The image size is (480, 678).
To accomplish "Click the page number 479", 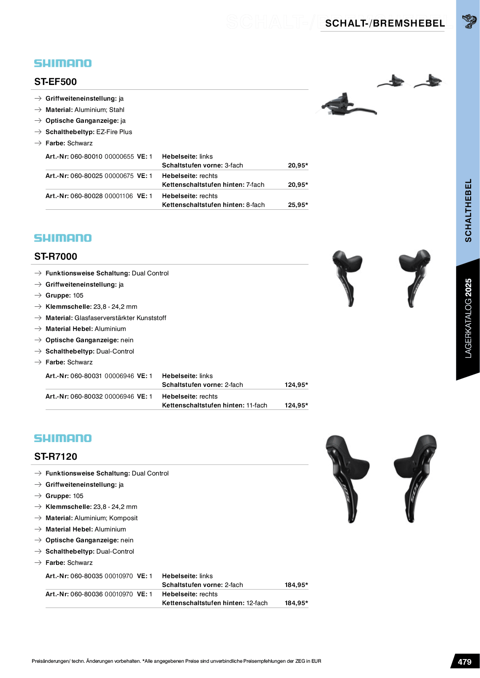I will click(464, 662).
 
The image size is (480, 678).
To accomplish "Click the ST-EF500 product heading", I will click(56, 82).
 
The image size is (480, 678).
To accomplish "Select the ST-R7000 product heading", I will click(56, 256).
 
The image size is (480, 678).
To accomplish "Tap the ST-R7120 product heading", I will click(56, 457).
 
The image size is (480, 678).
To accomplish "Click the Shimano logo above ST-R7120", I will click(63, 438).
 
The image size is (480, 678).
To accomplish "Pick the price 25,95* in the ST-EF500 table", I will click(298, 205).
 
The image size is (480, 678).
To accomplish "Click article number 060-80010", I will click(86, 157).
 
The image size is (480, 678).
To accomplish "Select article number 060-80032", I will click(86, 397).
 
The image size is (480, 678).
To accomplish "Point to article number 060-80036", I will click(86, 594).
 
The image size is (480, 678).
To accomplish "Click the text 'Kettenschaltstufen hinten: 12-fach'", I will click(214, 603).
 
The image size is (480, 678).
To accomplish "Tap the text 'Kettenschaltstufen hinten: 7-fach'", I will click(213, 185).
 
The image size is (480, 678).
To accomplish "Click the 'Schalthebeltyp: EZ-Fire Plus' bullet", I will click(89, 132).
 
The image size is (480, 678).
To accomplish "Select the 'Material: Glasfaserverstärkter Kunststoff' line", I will click(106, 318).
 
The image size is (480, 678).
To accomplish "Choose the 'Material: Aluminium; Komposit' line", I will click(91, 518).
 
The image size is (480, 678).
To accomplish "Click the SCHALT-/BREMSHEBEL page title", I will click(385, 23).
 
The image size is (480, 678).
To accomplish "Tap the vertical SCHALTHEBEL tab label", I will click(468, 210).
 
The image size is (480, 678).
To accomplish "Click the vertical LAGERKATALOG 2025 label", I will click(468, 318).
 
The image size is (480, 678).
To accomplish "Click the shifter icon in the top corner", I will click(469, 21).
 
